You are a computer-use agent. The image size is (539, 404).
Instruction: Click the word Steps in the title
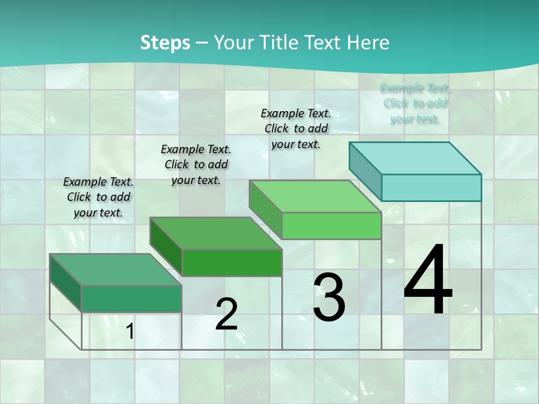click(165, 43)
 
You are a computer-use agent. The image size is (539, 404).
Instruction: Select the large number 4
click(428, 280)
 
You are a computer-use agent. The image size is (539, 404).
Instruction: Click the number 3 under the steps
click(329, 297)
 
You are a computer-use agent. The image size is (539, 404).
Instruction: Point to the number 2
click(226, 314)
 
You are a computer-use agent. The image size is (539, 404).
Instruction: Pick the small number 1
click(130, 332)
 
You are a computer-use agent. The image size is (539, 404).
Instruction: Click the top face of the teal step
click(415, 158)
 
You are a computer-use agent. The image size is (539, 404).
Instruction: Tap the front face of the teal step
click(431, 187)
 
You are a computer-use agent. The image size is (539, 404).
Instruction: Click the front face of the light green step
click(331, 226)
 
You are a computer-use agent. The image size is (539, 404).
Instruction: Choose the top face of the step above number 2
click(216, 233)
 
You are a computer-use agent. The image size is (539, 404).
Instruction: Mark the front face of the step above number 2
click(232, 263)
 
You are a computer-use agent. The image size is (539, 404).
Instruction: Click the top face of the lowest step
click(116, 270)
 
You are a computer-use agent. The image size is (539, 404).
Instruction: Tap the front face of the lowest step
click(131, 299)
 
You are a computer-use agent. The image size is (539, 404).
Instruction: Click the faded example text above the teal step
click(415, 104)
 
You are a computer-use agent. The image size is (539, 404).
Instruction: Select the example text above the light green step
click(296, 128)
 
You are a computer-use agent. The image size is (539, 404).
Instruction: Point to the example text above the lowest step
click(98, 197)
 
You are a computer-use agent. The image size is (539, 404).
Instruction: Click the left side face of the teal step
click(366, 171)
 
